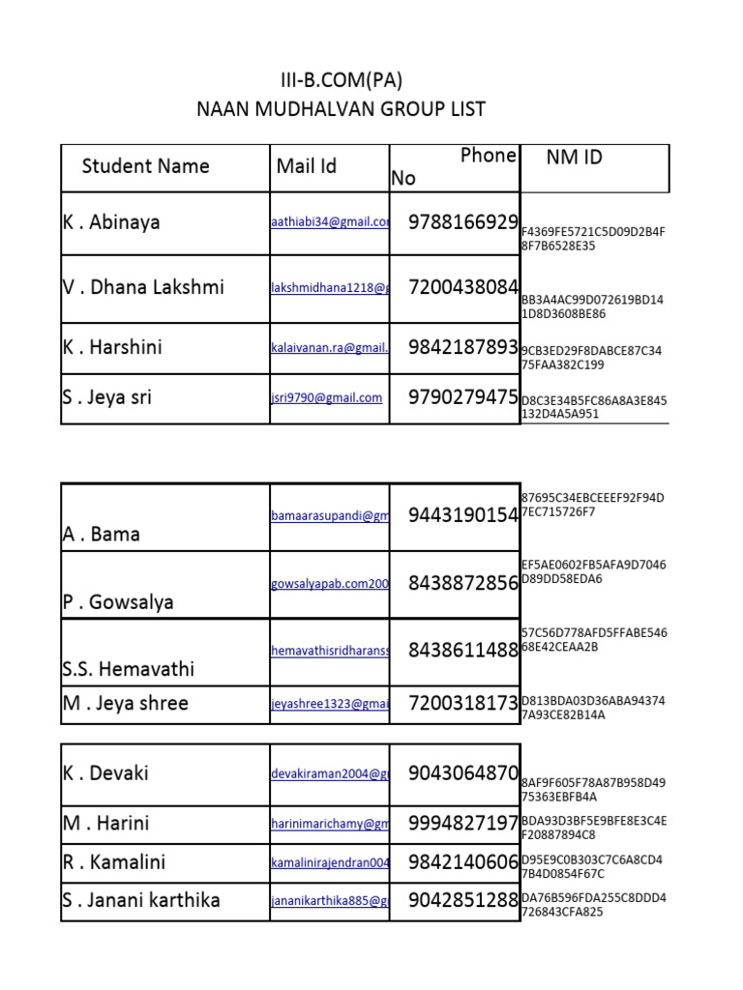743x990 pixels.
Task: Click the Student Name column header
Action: (x=146, y=166)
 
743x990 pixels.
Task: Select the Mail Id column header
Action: (x=307, y=166)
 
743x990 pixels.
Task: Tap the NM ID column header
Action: (x=574, y=158)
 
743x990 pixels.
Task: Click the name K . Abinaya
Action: (x=111, y=222)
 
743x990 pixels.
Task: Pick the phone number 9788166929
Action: (x=463, y=222)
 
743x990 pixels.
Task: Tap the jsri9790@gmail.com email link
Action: (x=326, y=397)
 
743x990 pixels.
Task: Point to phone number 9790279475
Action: (x=463, y=397)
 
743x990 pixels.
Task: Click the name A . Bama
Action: (x=102, y=534)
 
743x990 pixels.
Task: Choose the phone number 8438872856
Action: (x=463, y=583)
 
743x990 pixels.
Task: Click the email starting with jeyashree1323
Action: (x=330, y=705)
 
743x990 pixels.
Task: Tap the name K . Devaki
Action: (x=105, y=773)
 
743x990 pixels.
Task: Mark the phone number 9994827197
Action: (x=463, y=824)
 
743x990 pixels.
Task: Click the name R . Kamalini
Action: (x=114, y=861)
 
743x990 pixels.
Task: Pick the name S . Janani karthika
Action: (x=141, y=900)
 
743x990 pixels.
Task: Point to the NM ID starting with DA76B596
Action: (x=593, y=905)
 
